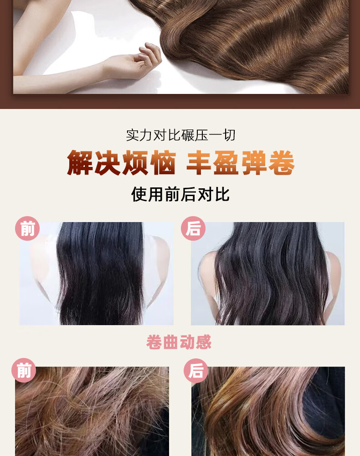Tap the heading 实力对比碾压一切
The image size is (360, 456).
coord(180,135)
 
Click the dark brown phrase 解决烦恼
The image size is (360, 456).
coord(122,163)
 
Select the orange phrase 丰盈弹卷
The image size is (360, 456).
coord(240,163)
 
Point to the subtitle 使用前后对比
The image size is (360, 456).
coord(180,194)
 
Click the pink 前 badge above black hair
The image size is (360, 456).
coord(27,228)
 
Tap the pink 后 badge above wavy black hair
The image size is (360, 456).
coord(193,228)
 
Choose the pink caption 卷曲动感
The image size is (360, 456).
coord(179,342)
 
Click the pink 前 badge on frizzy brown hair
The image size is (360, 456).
coord(24,370)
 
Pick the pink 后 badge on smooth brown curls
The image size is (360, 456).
coord(196,370)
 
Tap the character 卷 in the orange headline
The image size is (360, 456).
coord(282,163)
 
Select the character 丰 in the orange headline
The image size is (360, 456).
coord(199,163)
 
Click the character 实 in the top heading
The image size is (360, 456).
coord(133,135)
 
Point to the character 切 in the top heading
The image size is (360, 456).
coord(229,135)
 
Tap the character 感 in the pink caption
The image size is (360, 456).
coord(204,342)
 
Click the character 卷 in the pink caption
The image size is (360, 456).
coord(154,342)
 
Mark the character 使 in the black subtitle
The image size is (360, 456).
coord(139,194)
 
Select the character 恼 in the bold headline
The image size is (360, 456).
coord(163,163)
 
